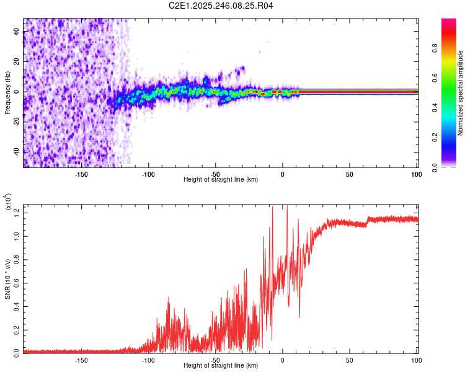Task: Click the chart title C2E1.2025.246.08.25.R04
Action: click(x=221, y=6)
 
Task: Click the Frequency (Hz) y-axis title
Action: click(x=7, y=92)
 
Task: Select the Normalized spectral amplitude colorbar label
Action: click(x=461, y=93)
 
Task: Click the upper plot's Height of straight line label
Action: click(x=221, y=179)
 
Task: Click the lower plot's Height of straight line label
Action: click(x=221, y=365)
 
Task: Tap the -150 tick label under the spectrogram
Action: click(x=81, y=174)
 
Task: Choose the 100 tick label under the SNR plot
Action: click(x=416, y=360)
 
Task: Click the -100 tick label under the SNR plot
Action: click(x=148, y=360)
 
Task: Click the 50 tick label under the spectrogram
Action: click(x=349, y=174)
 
